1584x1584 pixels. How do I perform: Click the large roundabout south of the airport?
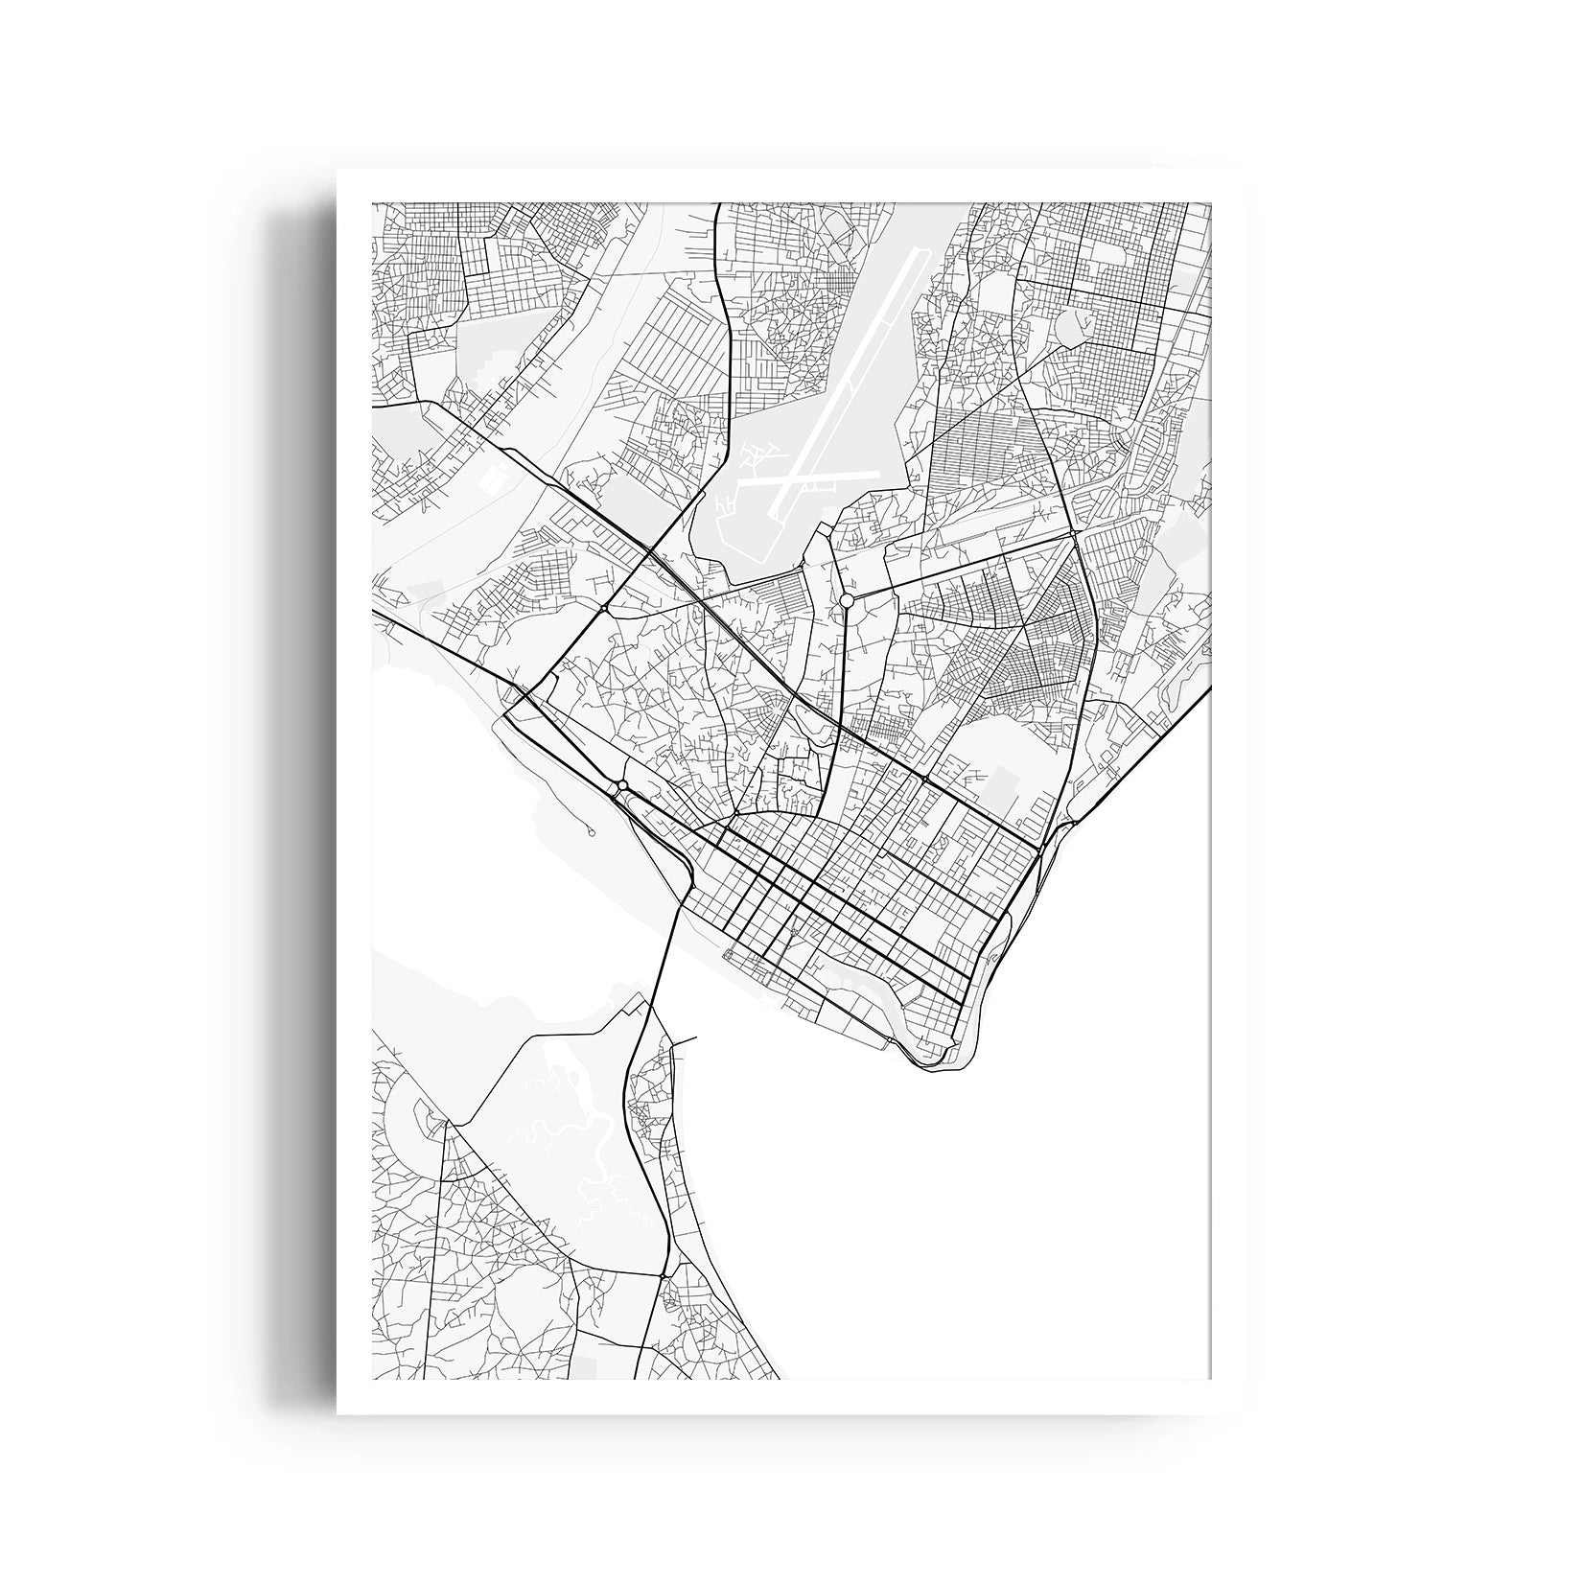tap(846, 599)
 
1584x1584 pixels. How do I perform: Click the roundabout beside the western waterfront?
tap(622, 786)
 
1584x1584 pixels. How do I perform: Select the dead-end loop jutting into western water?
tap(592, 833)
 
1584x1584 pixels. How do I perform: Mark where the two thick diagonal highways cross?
tap(650, 550)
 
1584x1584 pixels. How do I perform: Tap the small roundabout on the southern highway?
tap(663, 1276)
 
